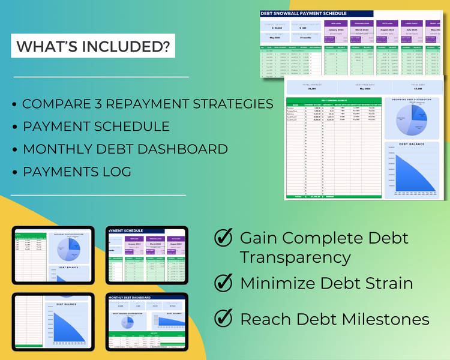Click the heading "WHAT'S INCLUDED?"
pyautogui.click(x=93, y=46)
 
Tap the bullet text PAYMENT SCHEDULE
pyautogui.click(x=96, y=127)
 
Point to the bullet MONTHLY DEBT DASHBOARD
pyautogui.click(x=125, y=149)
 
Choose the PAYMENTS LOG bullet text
pyautogui.click(x=77, y=172)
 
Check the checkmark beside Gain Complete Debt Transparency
pyautogui.click(x=224, y=238)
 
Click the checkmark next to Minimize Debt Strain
pyautogui.click(x=224, y=281)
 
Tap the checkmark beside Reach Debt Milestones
pyautogui.click(x=224, y=319)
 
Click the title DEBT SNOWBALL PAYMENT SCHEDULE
pyautogui.click(x=304, y=14)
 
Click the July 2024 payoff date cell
pyautogui.click(x=412, y=29)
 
